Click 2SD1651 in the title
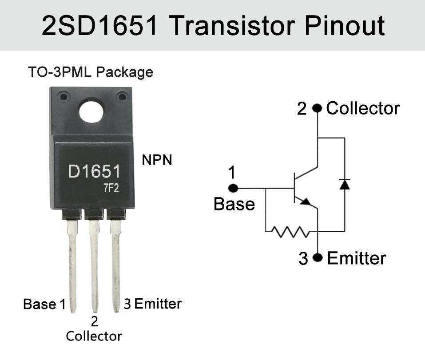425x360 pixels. [100, 25]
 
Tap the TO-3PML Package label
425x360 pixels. [90, 72]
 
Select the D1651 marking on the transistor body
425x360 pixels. [94, 172]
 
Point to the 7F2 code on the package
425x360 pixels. [111, 189]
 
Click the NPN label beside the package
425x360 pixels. [157, 160]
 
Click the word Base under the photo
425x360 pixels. [40, 305]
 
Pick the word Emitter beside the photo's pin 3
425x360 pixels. [158, 304]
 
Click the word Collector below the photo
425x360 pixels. [94, 336]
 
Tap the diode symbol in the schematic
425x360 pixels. [344, 184]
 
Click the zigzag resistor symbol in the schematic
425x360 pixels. [290, 231]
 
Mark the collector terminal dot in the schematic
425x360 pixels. [317, 108]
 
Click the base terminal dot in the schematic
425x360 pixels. [233, 188]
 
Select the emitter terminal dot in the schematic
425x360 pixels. [317, 257]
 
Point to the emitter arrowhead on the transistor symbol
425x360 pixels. [306, 202]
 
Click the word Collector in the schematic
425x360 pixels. [363, 108]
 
